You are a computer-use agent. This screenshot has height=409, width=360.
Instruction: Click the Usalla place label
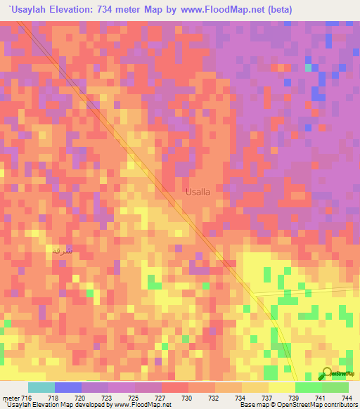tap(198, 191)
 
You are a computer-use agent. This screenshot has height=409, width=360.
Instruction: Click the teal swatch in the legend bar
tap(41, 387)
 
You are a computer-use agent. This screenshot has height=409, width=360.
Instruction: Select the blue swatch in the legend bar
tap(68, 387)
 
